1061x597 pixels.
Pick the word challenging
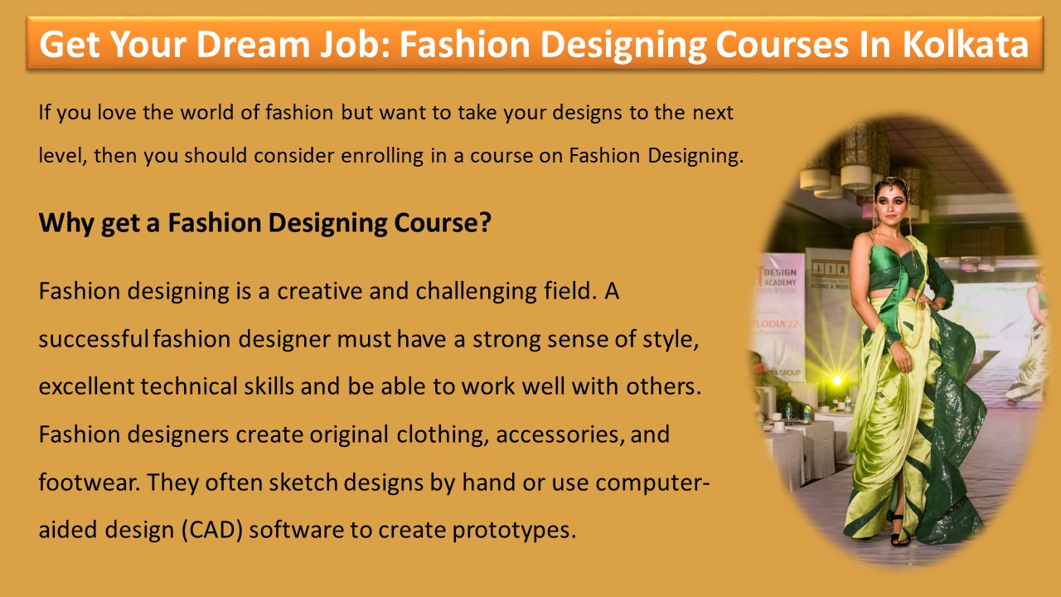point(491,291)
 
